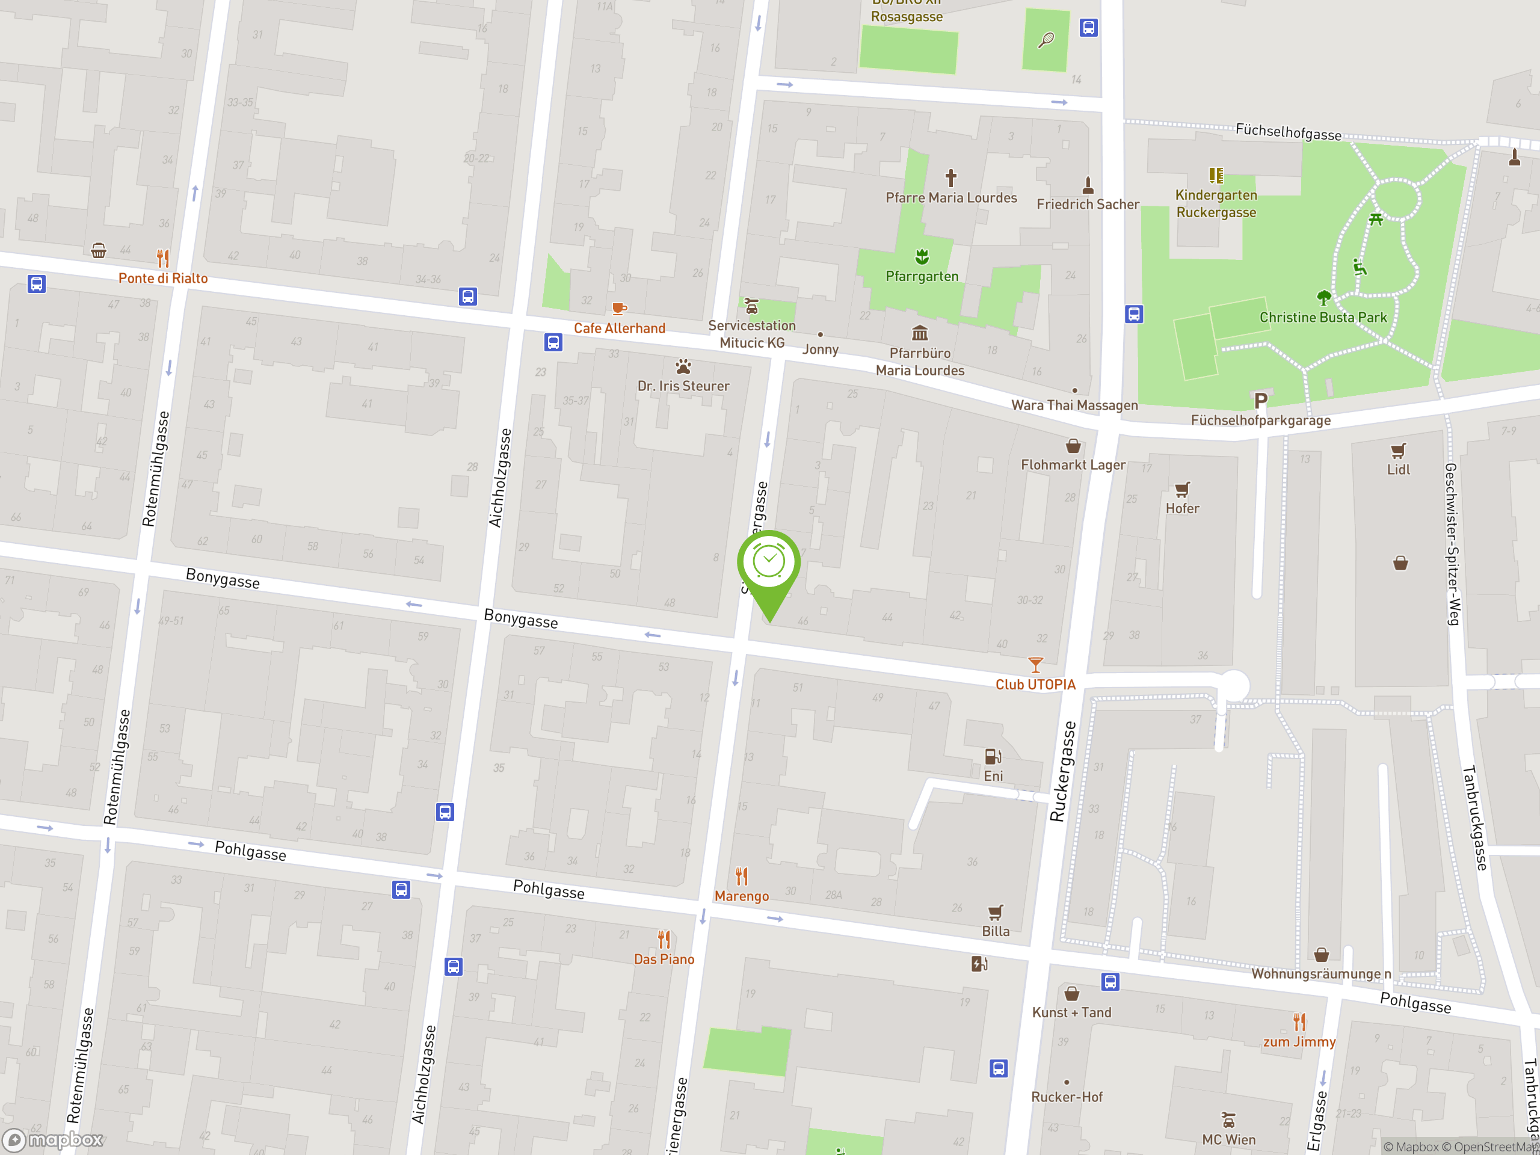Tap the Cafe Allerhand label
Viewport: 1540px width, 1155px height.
[x=619, y=328]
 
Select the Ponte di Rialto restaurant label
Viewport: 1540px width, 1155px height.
[x=163, y=278]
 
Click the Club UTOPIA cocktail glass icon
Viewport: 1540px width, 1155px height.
[x=1035, y=665]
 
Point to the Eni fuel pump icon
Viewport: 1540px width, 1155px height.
[x=993, y=757]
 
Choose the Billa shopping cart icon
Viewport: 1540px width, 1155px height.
[x=996, y=912]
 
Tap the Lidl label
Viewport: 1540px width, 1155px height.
[x=1398, y=469]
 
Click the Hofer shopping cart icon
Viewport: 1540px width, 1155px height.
[x=1182, y=490]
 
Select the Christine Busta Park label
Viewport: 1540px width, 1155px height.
[x=1323, y=318]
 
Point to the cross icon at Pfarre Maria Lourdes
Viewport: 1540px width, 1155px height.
[x=950, y=177]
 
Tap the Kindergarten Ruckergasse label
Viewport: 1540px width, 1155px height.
[x=1216, y=203]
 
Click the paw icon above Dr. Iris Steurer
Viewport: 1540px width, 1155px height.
[x=683, y=366]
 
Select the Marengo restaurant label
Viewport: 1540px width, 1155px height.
[x=742, y=896]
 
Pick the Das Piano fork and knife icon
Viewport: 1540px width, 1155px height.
[x=664, y=940]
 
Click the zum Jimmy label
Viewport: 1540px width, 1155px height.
[x=1299, y=1041]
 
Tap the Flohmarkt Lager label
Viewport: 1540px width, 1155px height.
[x=1073, y=464]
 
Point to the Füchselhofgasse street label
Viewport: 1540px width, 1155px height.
[x=1288, y=132]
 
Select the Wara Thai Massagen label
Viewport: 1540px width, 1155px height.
[x=1074, y=405]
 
